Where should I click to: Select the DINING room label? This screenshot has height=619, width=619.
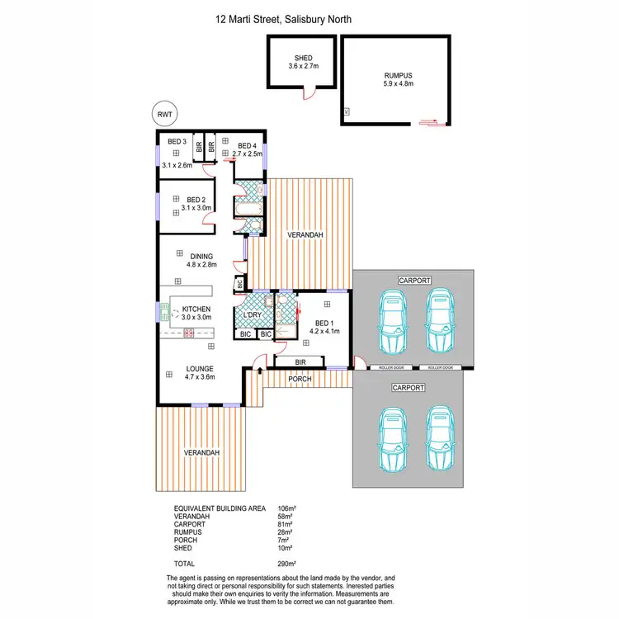tap(201, 256)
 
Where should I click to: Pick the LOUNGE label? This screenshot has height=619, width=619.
tap(200, 368)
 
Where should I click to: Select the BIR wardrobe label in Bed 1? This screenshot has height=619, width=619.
tap(300, 361)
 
